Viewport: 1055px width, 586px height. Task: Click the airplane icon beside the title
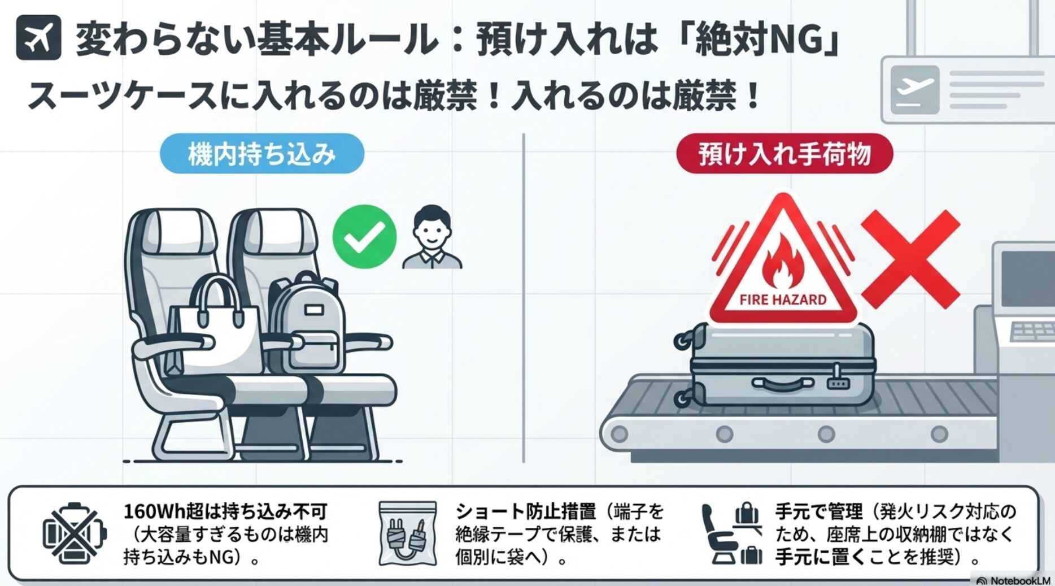click(x=38, y=38)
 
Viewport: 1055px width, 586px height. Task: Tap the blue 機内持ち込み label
click(x=262, y=154)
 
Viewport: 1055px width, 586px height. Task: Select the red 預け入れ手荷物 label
click(x=784, y=154)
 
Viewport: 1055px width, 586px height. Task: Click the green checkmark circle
click(x=364, y=236)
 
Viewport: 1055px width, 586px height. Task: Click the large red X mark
click(x=910, y=259)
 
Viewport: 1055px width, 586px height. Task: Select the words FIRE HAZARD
click(x=783, y=299)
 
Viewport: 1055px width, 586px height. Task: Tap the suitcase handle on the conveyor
click(x=782, y=384)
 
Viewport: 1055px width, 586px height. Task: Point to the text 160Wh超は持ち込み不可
click(x=226, y=511)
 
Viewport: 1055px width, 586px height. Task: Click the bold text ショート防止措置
click(x=525, y=511)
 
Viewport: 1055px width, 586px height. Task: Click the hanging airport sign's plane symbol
click(x=915, y=89)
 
